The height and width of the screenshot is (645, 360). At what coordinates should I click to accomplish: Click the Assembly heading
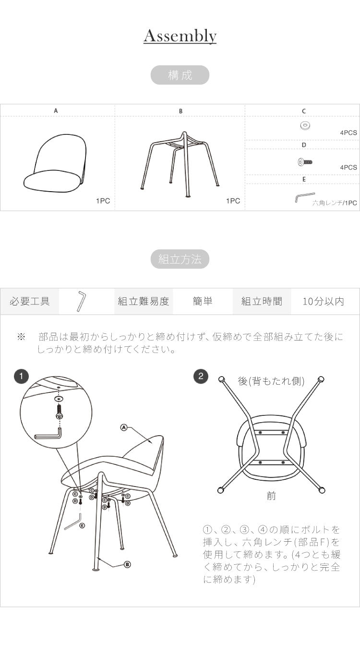pos(180,36)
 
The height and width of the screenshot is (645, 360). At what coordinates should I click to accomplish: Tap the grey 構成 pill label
pos(180,75)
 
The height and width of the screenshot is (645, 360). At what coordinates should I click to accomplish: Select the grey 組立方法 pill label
pos(180,259)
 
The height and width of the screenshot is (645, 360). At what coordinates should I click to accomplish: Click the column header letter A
pos(56,111)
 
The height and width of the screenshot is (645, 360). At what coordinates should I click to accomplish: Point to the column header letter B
pos(180,111)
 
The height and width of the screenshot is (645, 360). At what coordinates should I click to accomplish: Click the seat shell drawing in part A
pos(56,163)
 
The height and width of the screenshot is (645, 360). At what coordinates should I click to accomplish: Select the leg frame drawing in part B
pos(180,163)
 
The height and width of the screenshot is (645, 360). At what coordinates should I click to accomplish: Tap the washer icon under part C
pos(304,126)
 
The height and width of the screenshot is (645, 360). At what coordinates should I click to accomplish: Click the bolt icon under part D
pos(304,162)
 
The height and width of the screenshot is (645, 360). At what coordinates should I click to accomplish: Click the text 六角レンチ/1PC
pos(335,203)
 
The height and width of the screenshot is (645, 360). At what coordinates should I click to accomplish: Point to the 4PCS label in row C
pos(348,133)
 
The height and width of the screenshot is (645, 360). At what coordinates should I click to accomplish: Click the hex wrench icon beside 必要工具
pos(81,301)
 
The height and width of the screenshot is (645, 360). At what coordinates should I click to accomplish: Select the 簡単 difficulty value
pos(203,302)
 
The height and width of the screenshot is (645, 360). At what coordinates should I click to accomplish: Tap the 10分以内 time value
pos(323,302)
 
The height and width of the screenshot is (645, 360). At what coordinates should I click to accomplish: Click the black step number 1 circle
pos(21,376)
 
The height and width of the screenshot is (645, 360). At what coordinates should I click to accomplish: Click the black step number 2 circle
pos(201,376)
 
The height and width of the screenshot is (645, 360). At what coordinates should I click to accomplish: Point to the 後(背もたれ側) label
pos(271,381)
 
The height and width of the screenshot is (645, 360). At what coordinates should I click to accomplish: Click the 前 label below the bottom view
pos(271,496)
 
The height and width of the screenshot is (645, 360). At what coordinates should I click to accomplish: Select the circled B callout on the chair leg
pos(127,564)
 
